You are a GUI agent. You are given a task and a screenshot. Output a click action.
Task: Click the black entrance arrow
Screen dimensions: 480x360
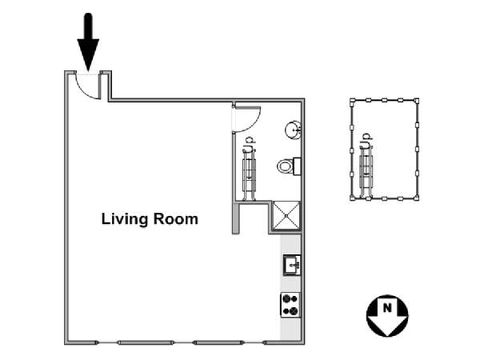point(88,42)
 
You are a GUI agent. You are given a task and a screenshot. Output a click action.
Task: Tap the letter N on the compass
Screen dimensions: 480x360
point(387,307)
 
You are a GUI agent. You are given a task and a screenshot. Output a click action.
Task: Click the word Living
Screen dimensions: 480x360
point(124,220)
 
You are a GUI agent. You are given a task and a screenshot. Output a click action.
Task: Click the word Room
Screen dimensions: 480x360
point(175,219)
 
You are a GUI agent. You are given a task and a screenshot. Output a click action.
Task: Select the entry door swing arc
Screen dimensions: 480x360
point(83,91)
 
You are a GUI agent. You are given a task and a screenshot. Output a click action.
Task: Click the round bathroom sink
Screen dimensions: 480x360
point(294,130)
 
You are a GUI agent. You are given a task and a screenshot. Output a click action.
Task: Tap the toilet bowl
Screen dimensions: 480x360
point(285,166)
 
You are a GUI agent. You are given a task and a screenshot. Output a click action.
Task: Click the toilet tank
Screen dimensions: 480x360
point(297,166)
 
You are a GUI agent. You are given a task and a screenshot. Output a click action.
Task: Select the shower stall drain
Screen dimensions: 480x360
point(286,215)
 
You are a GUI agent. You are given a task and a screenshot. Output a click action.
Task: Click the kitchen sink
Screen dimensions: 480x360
point(292,265)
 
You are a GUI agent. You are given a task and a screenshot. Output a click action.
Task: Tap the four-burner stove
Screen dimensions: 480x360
point(290,305)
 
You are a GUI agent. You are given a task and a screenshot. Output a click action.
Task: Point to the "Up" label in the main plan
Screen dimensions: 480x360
point(249,144)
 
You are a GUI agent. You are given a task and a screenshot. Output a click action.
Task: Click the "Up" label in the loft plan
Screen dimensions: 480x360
point(366,141)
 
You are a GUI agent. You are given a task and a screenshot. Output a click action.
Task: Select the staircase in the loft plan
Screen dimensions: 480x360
point(366,172)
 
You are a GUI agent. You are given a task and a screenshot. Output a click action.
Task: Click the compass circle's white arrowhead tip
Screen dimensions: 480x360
point(387,335)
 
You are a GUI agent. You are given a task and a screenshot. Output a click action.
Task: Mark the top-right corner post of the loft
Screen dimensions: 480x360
point(416,100)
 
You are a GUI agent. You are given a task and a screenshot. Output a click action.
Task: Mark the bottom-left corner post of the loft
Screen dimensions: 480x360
point(352,198)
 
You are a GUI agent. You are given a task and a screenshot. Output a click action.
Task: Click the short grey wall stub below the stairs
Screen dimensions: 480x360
point(235,218)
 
